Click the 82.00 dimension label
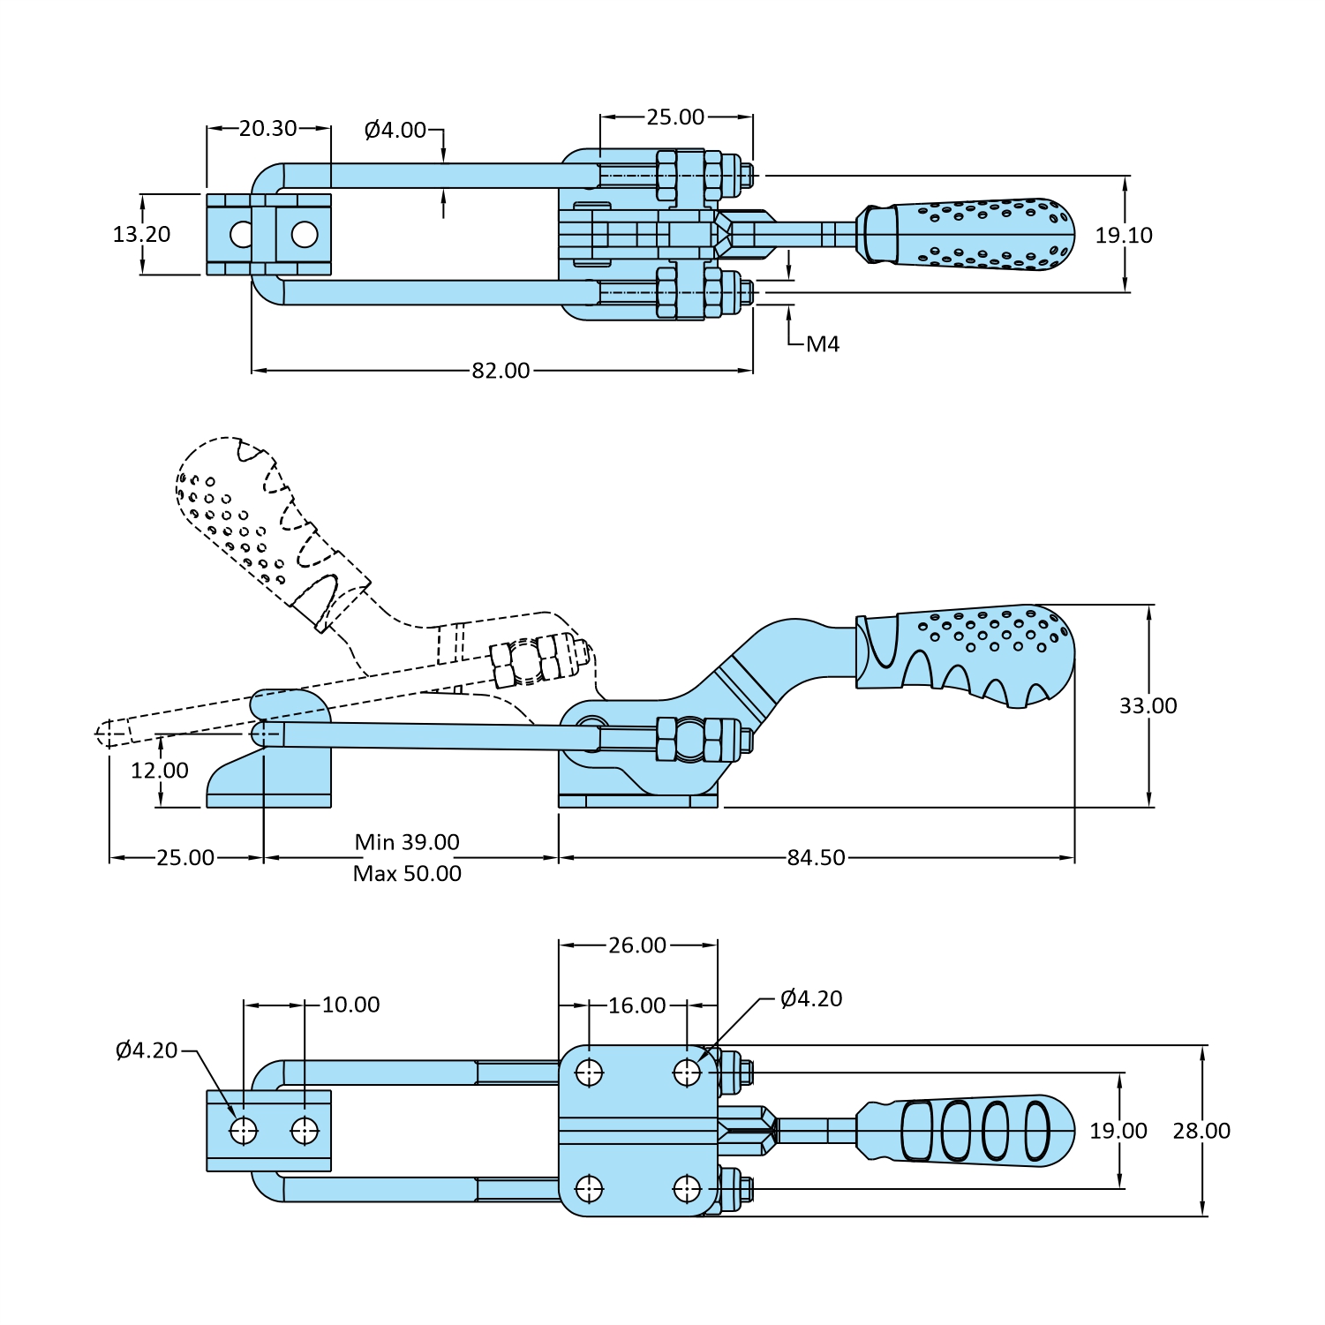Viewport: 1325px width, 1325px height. click(x=501, y=371)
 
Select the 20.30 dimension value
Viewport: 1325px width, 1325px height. click(x=267, y=129)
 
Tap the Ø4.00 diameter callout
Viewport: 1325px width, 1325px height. click(x=395, y=131)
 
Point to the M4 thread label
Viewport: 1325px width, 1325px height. click(x=823, y=344)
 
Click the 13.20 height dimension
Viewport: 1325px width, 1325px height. click(x=141, y=235)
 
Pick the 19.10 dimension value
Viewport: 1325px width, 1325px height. click(x=1124, y=236)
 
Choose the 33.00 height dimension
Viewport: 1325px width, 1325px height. click(x=1148, y=706)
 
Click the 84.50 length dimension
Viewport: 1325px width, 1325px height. click(x=816, y=858)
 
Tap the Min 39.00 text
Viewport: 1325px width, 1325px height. click(x=407, y=842)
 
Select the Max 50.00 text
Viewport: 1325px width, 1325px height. click(x=407, y=874)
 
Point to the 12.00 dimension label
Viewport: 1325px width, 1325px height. click(x=160, y=771)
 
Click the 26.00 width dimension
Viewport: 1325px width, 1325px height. click(x=637, y=945)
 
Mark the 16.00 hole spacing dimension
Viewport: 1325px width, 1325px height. click(x=637, y=1005)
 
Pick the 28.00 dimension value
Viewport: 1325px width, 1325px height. click(x=1201, y=1131)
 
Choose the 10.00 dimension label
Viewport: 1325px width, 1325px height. click(x=350, y=1005)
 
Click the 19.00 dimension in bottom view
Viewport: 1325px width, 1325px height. click(x=1118, y=1131)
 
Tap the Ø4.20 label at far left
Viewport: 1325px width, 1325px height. click(x=147, y=1050)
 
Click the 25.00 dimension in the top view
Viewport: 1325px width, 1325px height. click(x=675, y=117)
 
